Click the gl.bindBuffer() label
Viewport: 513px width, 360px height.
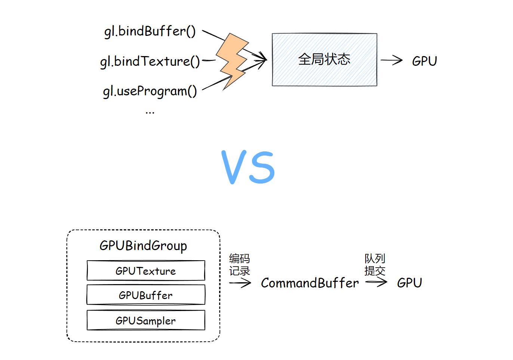point(150,31)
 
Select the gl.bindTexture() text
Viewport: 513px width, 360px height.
point(150,61)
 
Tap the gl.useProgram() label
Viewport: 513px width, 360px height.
point(150,91)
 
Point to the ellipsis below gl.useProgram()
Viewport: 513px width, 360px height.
point(150,112)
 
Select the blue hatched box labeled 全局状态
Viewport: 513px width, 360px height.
point(324,60)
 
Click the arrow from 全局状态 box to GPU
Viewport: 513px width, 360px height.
point(391,60)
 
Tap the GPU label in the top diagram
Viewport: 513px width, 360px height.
point(424,61)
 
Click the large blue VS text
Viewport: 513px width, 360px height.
point(248,167)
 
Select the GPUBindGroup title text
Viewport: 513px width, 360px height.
point(143,246)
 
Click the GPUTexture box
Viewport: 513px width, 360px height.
point(146,271)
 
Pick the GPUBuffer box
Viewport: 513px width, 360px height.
point(146,295)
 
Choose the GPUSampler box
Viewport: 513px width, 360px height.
point(146,320)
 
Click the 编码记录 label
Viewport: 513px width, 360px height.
point(239,265)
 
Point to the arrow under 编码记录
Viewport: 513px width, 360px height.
point(240,283)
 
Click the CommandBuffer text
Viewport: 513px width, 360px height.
point(310,283)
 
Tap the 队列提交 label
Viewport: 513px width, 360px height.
point(375,264)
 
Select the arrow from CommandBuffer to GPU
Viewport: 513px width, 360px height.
point(376,282)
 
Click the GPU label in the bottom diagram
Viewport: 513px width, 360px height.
point(409,283)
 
